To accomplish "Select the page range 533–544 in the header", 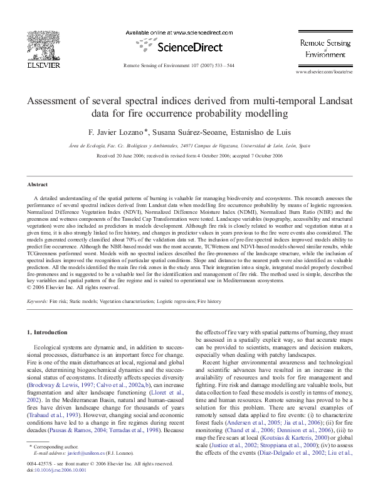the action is (221, 65).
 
